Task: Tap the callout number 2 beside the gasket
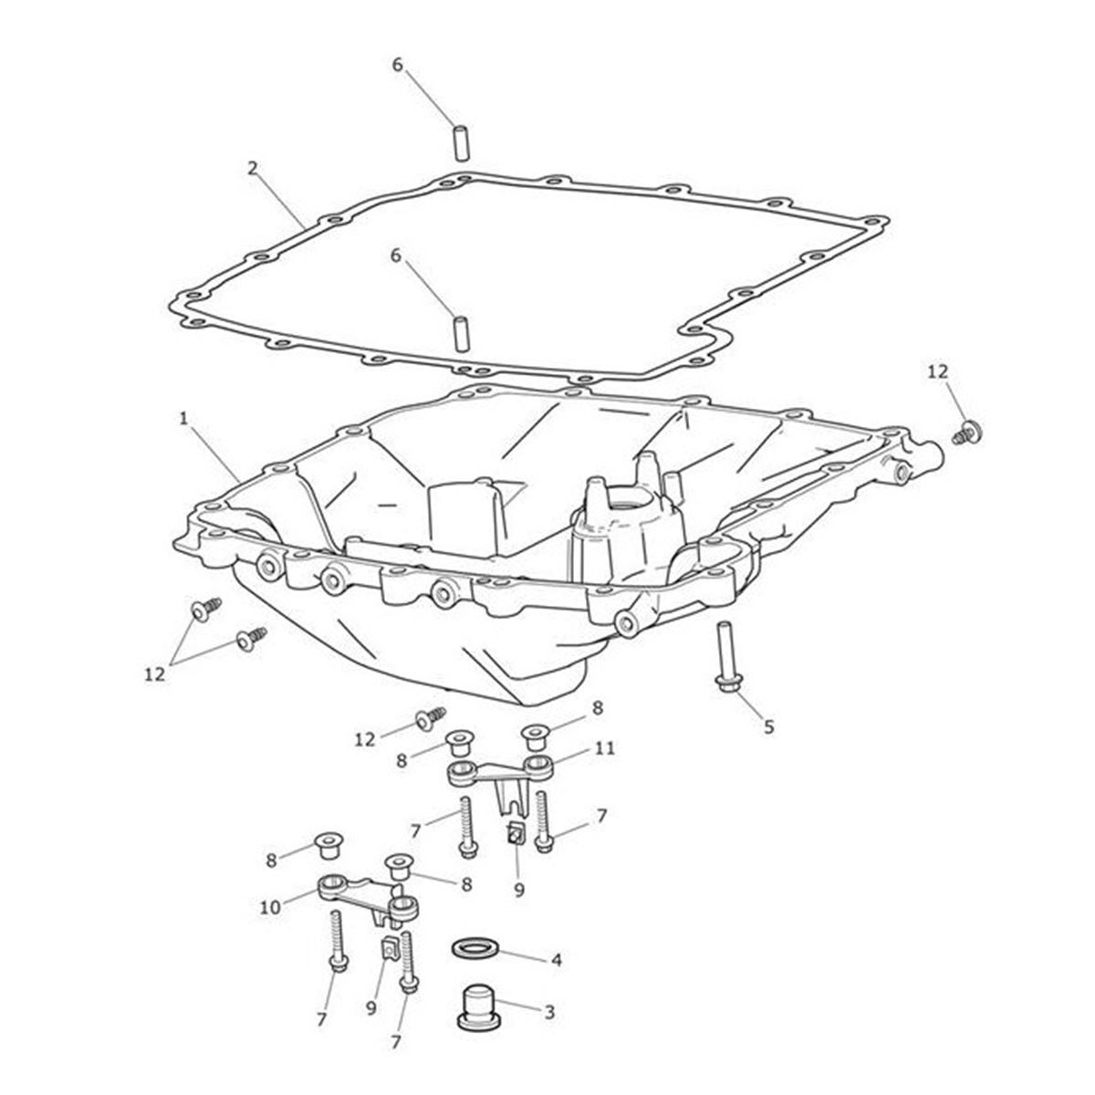(x=253, y=168)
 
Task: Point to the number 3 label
(x=548, y=1012)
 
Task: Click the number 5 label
(x=768, y=726)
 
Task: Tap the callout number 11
(x=604, y=748)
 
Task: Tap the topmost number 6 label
(x=396, y=65)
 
